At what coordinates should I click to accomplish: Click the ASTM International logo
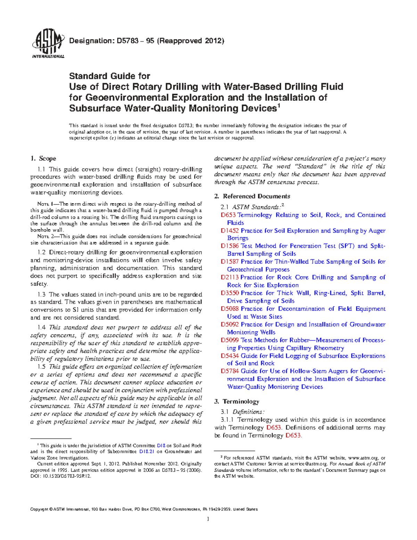[x=48, y=44]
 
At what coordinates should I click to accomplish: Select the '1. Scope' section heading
[x=43, y=159]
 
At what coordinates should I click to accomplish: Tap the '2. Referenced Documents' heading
[x=252, y=196]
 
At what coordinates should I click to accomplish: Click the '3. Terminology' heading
[x=237, y=402]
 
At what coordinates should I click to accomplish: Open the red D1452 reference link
[x=230, y=231]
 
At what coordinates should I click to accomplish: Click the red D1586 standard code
[x=230, y=246]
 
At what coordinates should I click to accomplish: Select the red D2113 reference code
[x=230, y=277]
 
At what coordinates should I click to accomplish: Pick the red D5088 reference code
[x=230, y=309]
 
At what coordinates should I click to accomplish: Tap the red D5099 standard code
[x=230, y=340]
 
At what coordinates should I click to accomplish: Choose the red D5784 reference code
[x=230, y=371]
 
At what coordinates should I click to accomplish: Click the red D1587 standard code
[x=230, y=261]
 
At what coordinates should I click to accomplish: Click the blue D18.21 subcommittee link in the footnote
[x=146, y=452]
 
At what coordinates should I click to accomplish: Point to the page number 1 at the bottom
[x=208, y=519]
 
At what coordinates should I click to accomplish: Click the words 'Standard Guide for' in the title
[x=109, y=76]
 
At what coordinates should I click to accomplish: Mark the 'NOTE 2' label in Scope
[x=46, y=236]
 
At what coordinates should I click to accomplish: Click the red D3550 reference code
[x=230, y=293]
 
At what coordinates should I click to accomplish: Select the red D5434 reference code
[x=230, y=356]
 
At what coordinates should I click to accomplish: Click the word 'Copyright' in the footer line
[x=39, y=509]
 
